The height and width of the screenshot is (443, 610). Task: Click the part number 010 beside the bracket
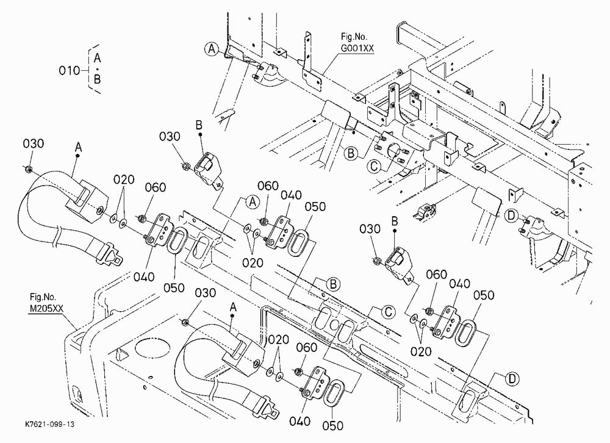point(69,70)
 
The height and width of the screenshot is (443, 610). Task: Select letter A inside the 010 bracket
point(97,59)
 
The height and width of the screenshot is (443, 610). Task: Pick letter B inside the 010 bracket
point(97,79)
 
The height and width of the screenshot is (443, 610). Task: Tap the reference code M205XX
point(46,309)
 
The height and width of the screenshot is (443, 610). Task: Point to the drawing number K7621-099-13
point(49,424)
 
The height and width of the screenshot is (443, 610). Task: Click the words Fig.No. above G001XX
point(354,37)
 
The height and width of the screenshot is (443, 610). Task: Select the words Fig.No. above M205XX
point(43,298)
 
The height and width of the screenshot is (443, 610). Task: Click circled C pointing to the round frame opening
point(375,167)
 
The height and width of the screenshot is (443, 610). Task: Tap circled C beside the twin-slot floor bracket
point(388,312)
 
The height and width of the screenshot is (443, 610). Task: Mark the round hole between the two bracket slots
point(334,324)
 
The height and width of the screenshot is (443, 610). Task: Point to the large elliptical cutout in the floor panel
point(151,348)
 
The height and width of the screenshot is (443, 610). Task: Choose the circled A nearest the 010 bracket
point(212,49)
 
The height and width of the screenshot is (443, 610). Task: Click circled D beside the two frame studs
point(511,215)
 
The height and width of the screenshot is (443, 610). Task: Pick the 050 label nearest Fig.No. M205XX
point(173,288)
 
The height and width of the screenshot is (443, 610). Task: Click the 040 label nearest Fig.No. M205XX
point(144,277)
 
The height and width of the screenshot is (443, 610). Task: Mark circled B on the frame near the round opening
point(351,153)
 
